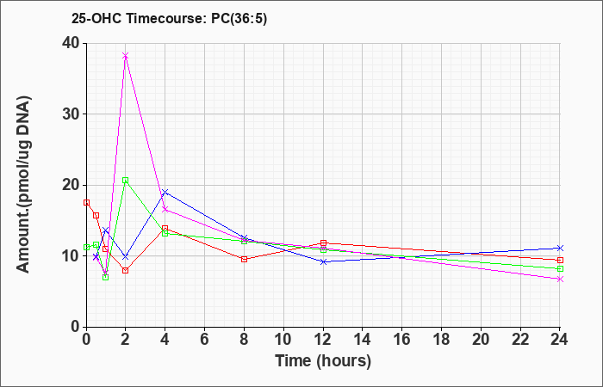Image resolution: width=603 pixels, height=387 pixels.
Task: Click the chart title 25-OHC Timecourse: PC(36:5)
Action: click(x=169, y=18)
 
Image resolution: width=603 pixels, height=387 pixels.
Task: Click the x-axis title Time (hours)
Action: click(x=323, y=361)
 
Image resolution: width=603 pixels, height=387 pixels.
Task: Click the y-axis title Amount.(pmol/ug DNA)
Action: click(x=24, y=185)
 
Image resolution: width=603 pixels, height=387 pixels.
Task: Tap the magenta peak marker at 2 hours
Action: click(x=126, y=56)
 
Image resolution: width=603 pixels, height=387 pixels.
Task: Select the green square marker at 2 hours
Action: click(x=126, y=180)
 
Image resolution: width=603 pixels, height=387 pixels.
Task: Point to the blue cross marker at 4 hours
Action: click(x=165, y=192)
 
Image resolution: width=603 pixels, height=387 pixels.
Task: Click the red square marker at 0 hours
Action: click(x=86, y=202)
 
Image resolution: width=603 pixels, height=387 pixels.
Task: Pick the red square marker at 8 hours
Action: click(x=244, y=259)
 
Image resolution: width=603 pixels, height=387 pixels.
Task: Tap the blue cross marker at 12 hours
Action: click(x=323, y=261)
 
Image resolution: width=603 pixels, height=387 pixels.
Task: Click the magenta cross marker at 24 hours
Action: click(x=560, y=279)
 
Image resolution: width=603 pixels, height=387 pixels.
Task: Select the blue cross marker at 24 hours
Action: click(x=560, y=248)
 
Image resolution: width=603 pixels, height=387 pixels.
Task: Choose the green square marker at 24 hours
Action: click(x=560, y=268)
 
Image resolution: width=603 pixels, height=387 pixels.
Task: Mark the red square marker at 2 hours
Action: click(x=126, y=270)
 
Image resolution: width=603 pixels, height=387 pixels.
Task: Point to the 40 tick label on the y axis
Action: click(x=71, y=43)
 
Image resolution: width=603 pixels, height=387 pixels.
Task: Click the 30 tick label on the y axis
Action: click(x=71, y=114)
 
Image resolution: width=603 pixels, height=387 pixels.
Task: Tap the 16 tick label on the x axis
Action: click(x=402, y=340)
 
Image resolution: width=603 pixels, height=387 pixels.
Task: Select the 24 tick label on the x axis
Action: click(x=559, y=340)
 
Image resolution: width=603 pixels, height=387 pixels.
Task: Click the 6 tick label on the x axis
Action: click(x=205, y=340)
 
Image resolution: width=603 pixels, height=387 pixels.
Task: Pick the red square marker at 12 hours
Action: click(x=323, y=243)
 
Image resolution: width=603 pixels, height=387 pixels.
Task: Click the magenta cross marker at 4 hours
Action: click(x=165, y=209)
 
